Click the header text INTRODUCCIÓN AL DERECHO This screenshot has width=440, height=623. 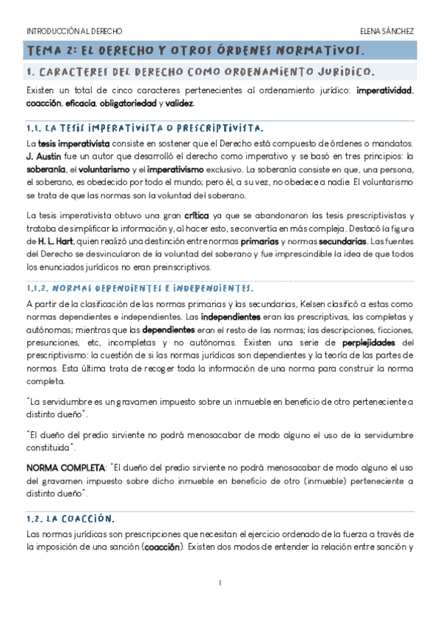click(x=74, y=32)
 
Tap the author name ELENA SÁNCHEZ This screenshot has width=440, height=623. click(x=387, y=32)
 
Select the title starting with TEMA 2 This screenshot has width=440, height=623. click(x=195, y=51)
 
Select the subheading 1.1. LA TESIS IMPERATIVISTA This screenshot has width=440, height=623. click(x=140, y=127)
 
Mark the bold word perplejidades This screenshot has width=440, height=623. click(x=371, y=342)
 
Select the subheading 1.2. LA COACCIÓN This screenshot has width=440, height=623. click(x=70, y=519)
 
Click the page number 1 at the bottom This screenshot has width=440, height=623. click(x=220, y=583)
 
